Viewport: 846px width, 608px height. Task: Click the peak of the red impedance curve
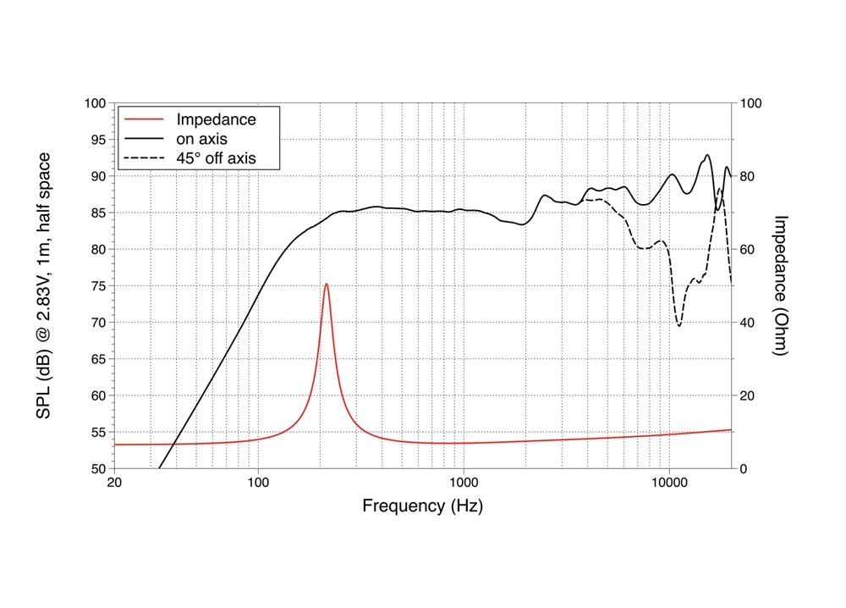(327, 284)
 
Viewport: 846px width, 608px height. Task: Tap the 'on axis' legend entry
(201, 138)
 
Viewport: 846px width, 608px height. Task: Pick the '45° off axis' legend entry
(215, 158)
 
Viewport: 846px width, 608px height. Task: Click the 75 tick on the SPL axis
(96, 286)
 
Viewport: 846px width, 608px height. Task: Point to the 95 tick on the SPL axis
(96, 140)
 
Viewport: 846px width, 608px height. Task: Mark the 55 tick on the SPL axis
(96, 433)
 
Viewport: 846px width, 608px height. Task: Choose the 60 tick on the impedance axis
(750, 250)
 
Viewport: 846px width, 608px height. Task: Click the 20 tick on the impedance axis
(750, 395)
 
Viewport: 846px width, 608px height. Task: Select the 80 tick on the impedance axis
(750, 176)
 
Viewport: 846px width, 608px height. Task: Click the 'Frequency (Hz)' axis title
(422, 506)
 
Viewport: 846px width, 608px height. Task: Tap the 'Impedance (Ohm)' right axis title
(782, 285)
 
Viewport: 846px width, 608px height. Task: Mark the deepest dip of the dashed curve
(678, 326)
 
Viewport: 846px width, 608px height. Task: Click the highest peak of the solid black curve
(707, 155)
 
